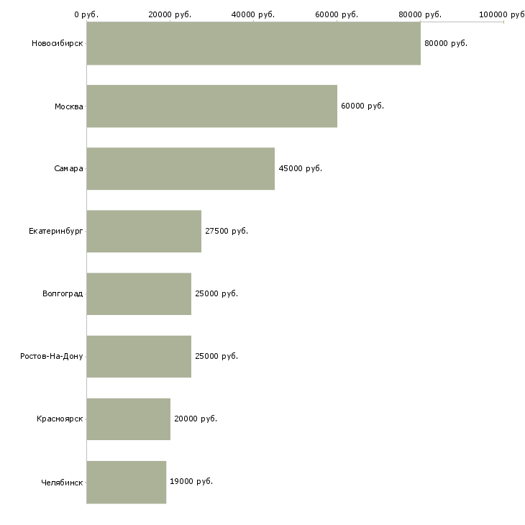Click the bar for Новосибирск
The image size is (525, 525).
coord(253,43)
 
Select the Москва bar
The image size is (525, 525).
coord(211,106)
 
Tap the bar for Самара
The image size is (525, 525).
coord(181,168)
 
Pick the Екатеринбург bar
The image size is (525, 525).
coord(144,231)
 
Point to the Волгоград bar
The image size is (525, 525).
coord(139,293)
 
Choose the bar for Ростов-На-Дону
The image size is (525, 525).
coord(139,356)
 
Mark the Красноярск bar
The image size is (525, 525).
coord(128,419)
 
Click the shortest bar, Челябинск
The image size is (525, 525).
coord(126,481)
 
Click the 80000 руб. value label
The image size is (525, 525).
coord(446,43)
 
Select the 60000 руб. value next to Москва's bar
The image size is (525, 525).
coord(362,106)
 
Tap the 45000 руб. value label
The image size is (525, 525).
coord(300,168)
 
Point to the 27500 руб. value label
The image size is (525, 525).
coord(227,231)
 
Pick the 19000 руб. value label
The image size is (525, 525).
coord(191,481)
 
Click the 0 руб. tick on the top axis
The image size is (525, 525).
coord(86,14)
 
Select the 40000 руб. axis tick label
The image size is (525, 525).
coord(253,14)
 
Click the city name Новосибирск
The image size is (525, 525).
coord(57,43)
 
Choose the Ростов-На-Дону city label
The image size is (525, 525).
coord(52,356)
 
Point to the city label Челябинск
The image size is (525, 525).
coord(62,482)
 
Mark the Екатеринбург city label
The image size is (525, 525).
coord(56,231)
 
